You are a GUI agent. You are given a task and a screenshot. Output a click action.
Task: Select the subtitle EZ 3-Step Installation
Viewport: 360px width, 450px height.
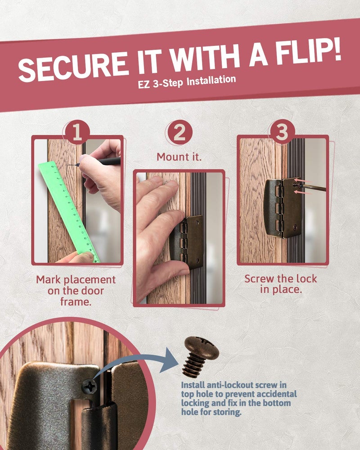point(187,82)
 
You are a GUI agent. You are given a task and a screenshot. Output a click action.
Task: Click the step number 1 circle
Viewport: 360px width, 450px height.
point(77,133)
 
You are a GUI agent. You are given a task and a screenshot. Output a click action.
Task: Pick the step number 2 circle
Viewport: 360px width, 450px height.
point(180,133)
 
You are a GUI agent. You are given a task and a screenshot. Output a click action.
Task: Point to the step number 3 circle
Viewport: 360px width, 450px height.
point(282,132)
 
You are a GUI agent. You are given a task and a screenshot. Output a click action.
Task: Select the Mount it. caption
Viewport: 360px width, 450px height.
point(179,157)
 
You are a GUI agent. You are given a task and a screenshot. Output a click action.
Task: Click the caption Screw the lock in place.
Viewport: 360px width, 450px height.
point(281,284)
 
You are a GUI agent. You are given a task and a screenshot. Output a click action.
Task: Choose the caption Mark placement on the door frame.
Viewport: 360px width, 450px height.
point(76,290)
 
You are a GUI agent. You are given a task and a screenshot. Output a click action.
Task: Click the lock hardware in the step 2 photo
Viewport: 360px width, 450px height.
point(187,242)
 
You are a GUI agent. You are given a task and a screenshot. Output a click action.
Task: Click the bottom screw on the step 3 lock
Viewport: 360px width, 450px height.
point(295,228)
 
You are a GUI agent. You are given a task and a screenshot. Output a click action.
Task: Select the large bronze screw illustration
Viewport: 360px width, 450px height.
point(200,355)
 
